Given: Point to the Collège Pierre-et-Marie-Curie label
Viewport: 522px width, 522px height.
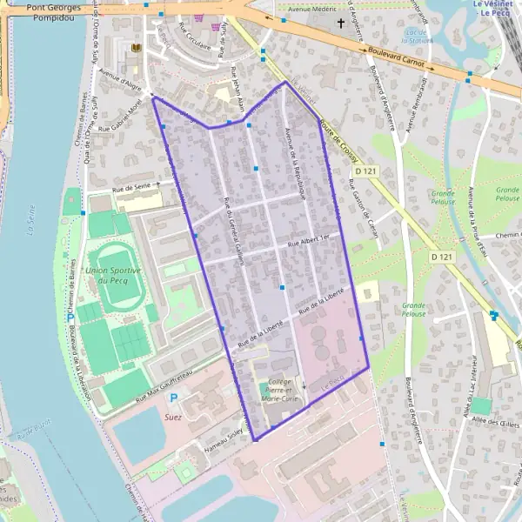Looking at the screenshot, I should point(280,389).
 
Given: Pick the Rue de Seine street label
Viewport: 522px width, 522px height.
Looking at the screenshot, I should point(131,187).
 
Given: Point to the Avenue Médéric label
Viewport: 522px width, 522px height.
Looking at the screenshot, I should point(311,12).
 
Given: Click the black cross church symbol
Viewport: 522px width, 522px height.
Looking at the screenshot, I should point(341,25).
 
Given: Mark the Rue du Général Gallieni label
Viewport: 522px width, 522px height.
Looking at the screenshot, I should point(233,226).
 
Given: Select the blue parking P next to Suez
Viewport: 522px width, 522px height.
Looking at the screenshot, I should point(173,398).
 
